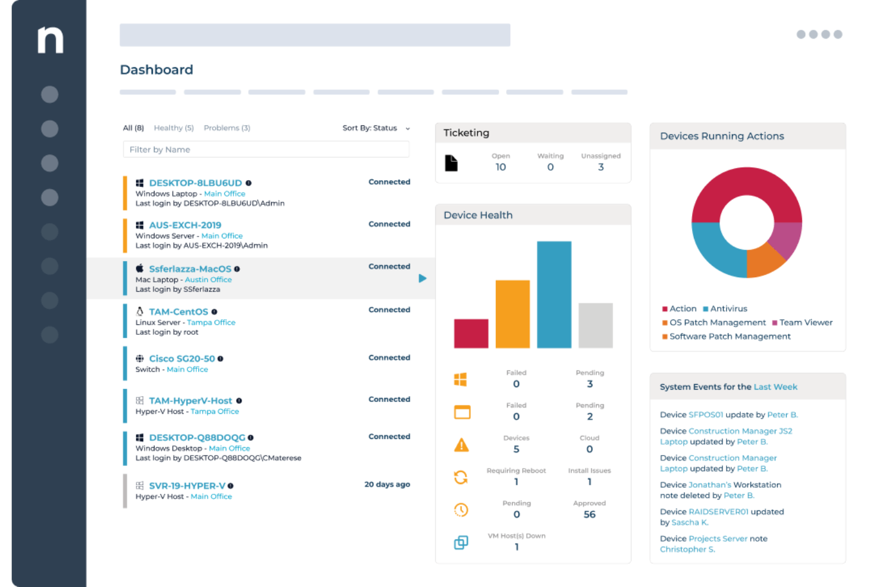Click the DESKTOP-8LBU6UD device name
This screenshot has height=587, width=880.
pyautogui.click(x=195, y=183)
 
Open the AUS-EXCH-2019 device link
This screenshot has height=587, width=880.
pyautogui.click(x=185, y=225)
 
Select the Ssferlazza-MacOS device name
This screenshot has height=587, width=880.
pyautogui.click(x=190, y=269)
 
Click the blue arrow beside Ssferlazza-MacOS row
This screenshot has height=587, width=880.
pyautogui.click(x=422, y=278)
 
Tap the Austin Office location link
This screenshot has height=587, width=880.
pyautogui.click(x=208, y=280)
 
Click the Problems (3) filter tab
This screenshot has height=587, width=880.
pyautogui.click(x=227, y=128)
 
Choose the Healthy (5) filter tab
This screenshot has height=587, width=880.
pyautogui.click(x=174, y=128)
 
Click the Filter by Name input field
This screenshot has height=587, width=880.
pyautogui.click(x=266, y=149)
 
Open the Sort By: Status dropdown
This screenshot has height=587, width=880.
pyautogui.click(x=376, y=128)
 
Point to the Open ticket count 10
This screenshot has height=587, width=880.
pyautogui.click(x=501, y=167)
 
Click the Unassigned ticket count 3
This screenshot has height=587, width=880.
pyautogui.click(x=601, y=167)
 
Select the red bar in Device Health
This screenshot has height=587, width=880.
pyautogui.click(x=471, y=334)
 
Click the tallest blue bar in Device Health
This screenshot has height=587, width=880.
pyautogui.click(x=554, y=294)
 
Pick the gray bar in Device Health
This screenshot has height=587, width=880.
pyautogui.click(x=595, y=325)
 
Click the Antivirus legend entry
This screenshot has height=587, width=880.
pyautogui.click(x=725, y=309)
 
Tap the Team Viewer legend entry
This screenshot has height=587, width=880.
pyautogui.click(x=802, y=322)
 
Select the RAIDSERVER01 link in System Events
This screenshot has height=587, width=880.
pyautogui.click(x=718, y=511)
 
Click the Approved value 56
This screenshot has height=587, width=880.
pyautogui.click(x=589, y=514)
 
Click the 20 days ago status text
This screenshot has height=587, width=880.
pyautogui.click(x=387, y=484)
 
